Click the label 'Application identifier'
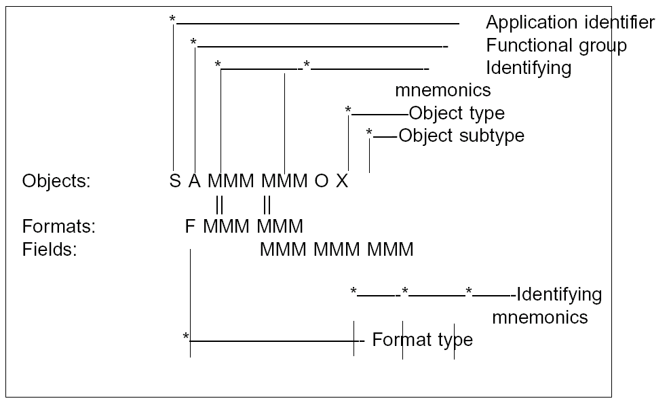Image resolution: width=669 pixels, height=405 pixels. pos(570,23)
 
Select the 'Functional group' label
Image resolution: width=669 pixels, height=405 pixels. pos(556,45)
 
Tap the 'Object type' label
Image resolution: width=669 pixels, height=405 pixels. pos(456,113)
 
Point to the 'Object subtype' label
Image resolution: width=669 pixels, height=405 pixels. pos(461,135)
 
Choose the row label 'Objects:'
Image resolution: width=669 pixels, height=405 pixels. pos(56,182)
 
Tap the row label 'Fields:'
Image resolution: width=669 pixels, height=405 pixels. pos(50,249)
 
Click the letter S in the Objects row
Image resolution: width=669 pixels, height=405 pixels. pos(175,182)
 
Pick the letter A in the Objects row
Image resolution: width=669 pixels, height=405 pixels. pos(195,182)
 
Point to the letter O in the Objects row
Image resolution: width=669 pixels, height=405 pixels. pos(322,182)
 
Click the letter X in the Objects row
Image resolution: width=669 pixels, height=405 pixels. pos(342,182)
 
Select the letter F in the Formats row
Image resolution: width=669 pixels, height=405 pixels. pos(190,226)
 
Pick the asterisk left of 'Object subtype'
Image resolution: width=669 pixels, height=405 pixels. pos(369,133)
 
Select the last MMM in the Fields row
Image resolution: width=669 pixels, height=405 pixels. pos(390,249)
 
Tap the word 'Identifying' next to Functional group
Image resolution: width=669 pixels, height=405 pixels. pos(529,68)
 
